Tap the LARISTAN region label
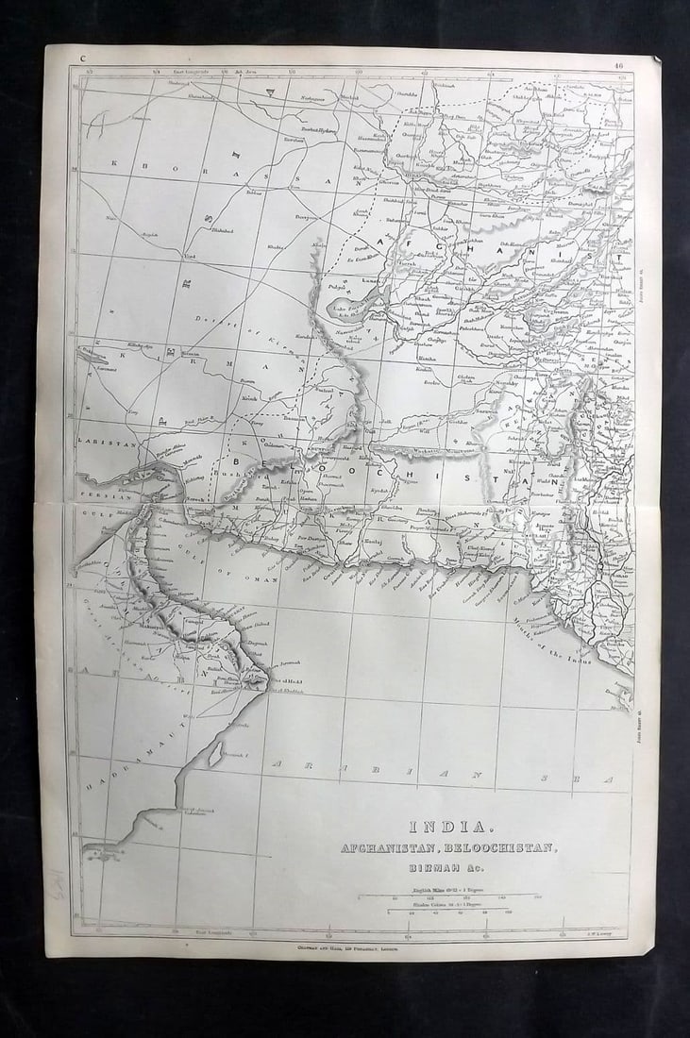[x=109, y=442]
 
